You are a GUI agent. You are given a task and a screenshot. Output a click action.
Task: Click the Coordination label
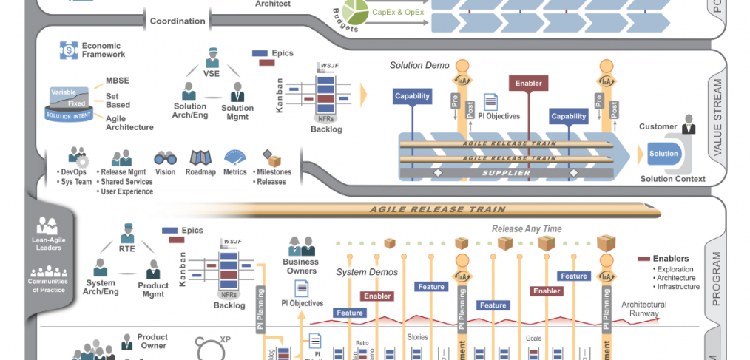point(178,21)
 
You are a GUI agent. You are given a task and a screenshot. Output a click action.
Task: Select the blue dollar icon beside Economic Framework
point(68,50)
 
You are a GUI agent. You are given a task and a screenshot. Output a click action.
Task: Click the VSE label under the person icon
point(212,73)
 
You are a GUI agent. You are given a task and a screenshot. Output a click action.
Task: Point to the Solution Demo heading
point(419,65)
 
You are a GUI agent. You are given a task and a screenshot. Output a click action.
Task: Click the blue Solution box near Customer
point(663,154)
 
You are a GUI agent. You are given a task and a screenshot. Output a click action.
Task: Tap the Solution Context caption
point(672,179)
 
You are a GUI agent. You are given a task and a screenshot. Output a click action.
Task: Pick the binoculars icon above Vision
point(165,158)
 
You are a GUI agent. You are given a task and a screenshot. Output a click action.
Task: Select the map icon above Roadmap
point(201,157)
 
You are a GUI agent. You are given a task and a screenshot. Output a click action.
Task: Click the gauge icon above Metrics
point(235,157)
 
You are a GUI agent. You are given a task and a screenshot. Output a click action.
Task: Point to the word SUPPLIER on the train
point(507,173)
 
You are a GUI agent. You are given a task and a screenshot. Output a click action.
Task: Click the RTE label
point(127,249)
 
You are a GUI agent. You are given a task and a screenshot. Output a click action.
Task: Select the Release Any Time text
point(527,228)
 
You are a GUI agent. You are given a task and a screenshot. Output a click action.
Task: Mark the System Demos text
point(367,272)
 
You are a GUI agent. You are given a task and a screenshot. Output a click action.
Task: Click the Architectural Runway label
point(643,308)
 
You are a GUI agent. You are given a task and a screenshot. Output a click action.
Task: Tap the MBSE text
point(118,81)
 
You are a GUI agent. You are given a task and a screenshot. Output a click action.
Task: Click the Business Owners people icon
point(300,245)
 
